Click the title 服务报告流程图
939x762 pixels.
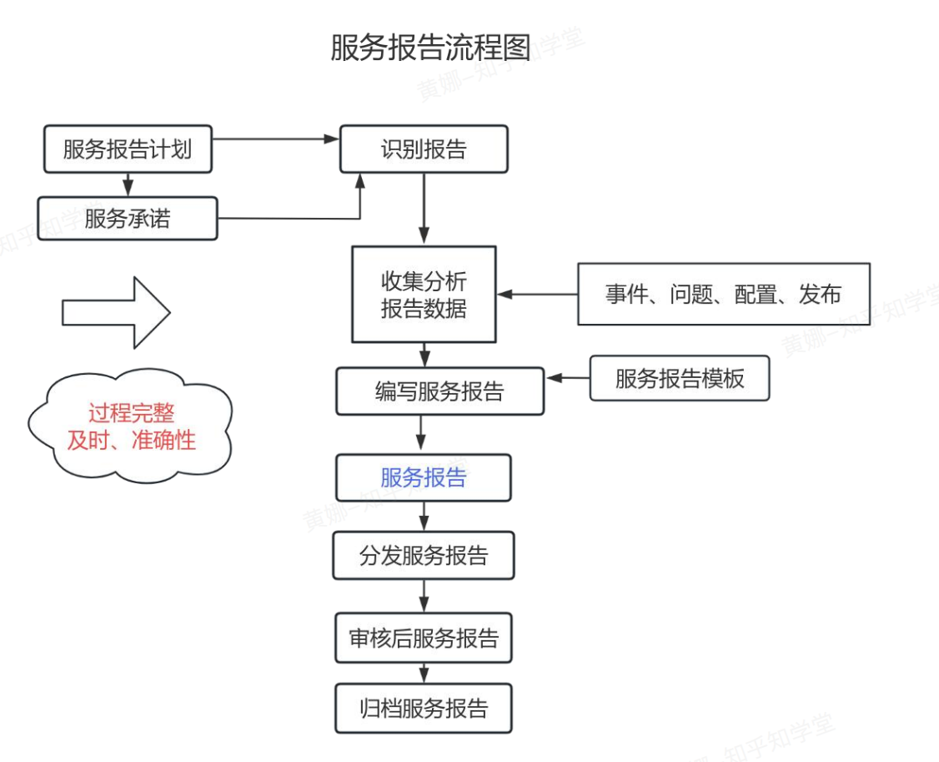click(x=430, y=48)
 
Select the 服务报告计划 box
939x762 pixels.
click(x=128, y=149)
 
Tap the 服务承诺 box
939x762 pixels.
click(x=128, y=219)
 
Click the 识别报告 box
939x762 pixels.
click(x=424, y=149)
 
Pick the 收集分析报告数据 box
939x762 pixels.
click(x=424, y=295)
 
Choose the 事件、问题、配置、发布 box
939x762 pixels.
click(x=723, y=294)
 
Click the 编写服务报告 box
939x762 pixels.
click(x=439, y=391)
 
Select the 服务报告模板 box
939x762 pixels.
click(x=680, y=379)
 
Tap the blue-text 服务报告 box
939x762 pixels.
click(x=424, y=477)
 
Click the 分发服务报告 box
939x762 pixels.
click(x=424, y=556)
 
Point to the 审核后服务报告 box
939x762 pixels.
click(x=424, y=638)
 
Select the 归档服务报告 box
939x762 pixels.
click(x=424, y=709)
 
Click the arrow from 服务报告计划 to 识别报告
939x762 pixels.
click(x=275, y=139)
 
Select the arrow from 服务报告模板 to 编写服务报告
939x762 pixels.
click(x=568, y=378)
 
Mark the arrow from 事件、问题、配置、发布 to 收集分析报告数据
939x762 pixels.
click(x=538, y=294)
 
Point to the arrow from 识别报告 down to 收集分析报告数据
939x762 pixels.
click(x=424, y=209)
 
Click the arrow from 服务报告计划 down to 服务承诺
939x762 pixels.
click(x=128, y=184)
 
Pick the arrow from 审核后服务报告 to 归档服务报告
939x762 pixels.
click(x=424, y=673)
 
